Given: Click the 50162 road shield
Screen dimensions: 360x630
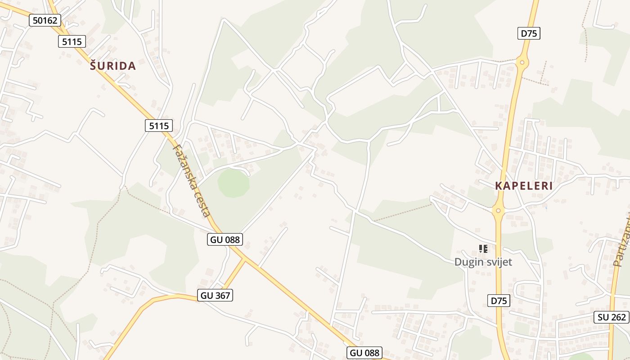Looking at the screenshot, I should coord(45,20).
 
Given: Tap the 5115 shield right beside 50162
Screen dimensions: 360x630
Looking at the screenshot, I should coord(72,42).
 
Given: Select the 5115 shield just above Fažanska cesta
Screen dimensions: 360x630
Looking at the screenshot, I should coord(159,126).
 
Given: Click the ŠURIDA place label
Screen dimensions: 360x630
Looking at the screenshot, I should coord(112,66).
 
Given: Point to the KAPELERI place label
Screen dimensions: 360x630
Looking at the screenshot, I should coord(524,186).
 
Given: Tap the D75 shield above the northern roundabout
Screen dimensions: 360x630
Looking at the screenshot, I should coord(529,33).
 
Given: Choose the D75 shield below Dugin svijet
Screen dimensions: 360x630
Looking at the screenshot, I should coord(499,301).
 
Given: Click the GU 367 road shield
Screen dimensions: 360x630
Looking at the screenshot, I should coord(215,296).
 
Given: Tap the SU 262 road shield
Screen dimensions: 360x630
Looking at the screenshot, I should coord(612,317).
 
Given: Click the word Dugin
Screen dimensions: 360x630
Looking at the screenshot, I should coord(468,262).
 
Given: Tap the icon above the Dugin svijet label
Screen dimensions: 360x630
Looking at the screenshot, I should coord(483,249).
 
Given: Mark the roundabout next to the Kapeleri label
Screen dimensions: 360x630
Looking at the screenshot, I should coord(498,210).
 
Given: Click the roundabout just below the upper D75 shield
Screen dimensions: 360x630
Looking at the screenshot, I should coord(522,63).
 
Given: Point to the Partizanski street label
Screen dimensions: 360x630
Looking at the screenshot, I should coord(622,241).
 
